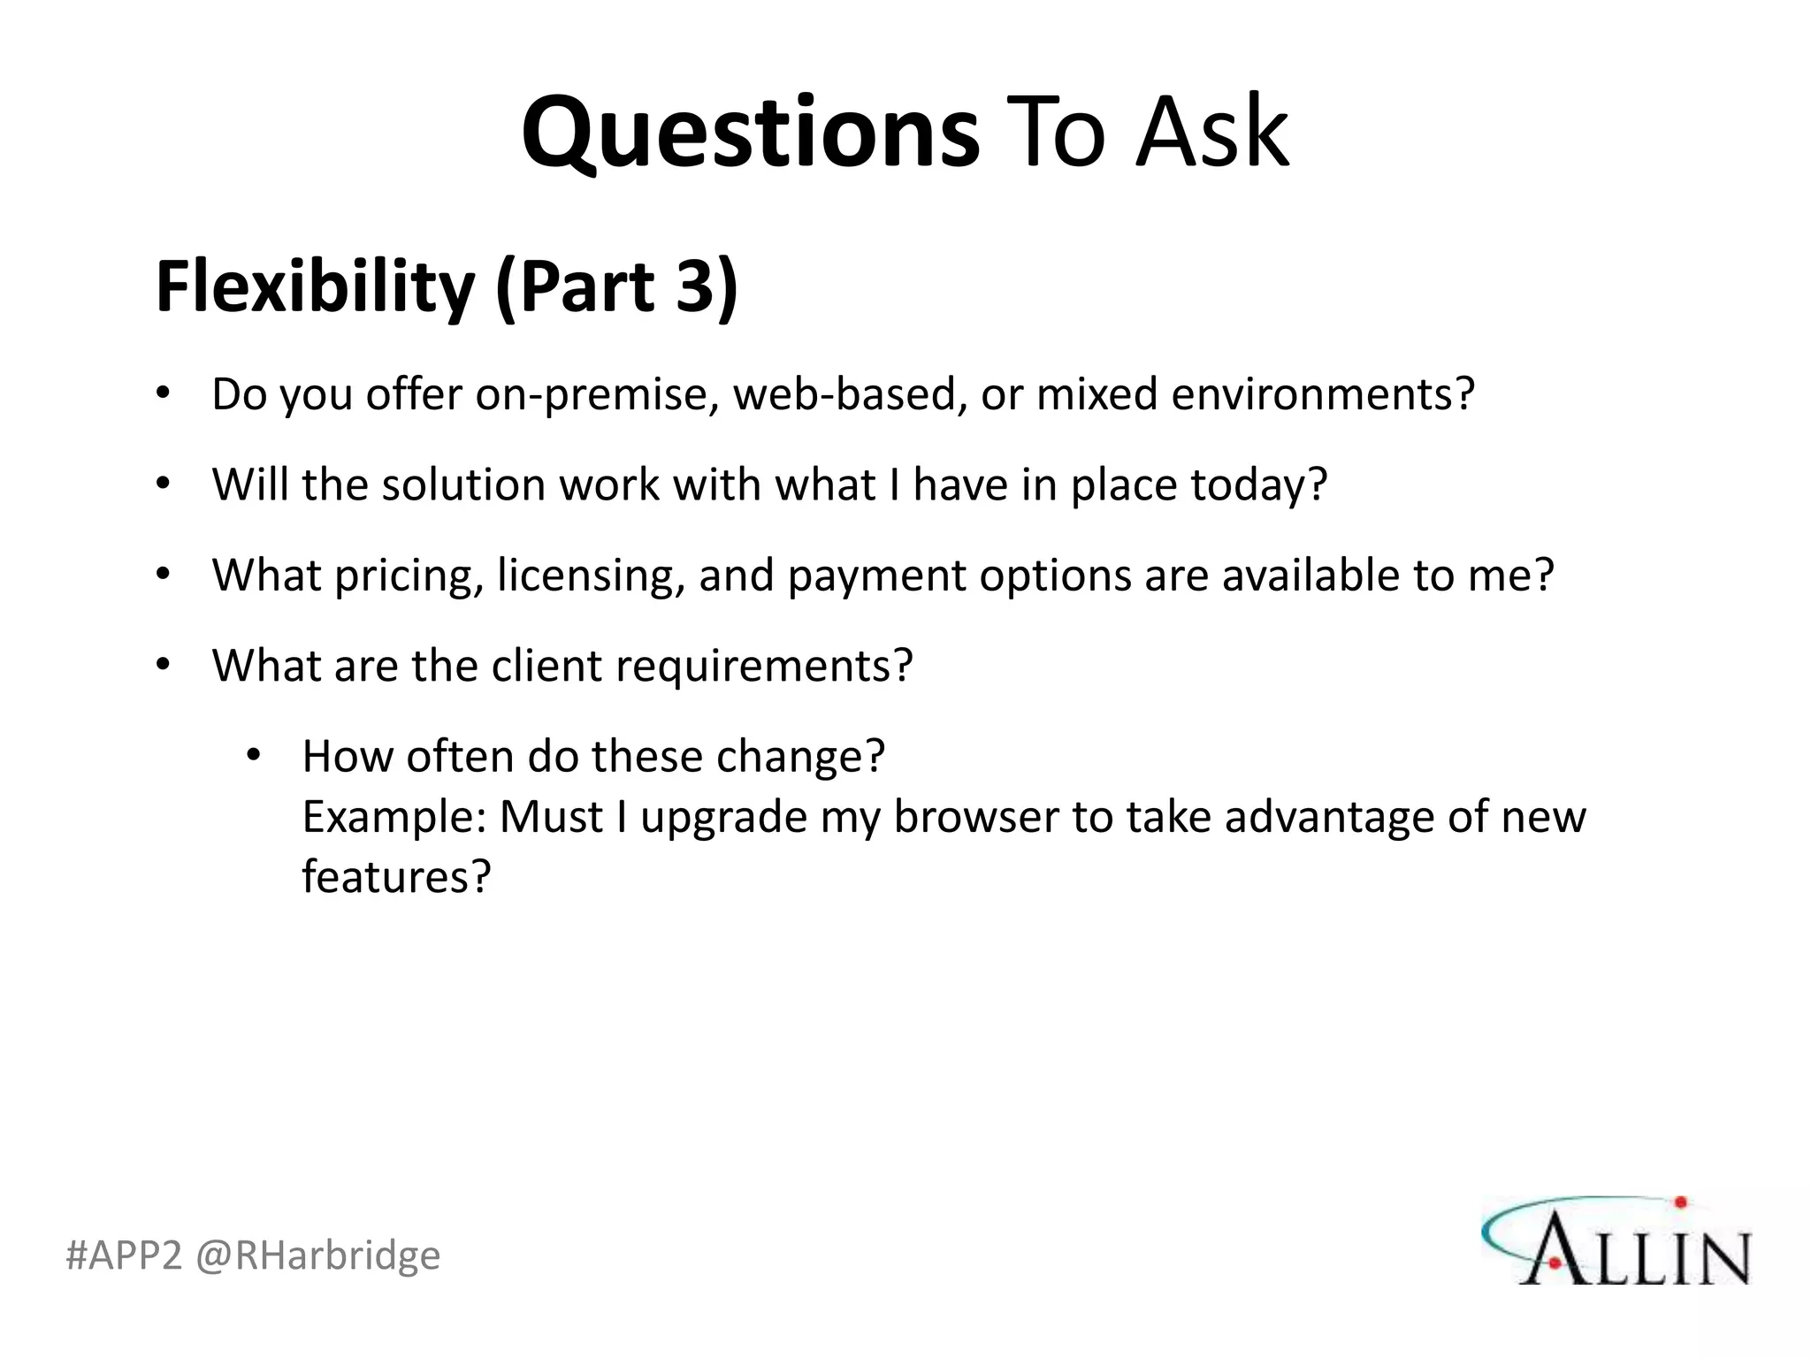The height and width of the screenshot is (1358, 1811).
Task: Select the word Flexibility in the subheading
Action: [x=315, y=287]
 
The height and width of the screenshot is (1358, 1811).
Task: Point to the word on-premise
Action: [x=597, y=394]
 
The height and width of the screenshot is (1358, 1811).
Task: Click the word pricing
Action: [x=409, y=576]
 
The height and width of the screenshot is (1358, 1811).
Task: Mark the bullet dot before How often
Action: [x=253, y=756]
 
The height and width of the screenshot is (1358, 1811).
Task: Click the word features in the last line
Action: [x=395, y=877]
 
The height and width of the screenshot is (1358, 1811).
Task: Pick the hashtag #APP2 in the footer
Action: [x=123, y=1255]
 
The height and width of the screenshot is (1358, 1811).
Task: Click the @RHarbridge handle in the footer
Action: [x=317, y=1255]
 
